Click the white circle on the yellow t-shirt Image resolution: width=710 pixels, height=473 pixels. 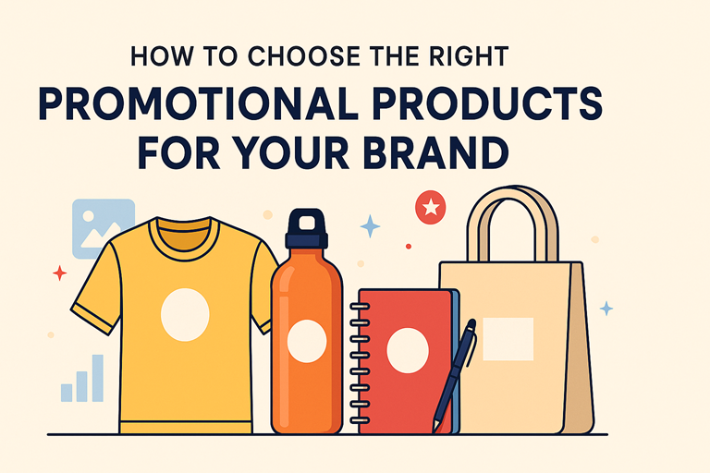(x=185, y=315)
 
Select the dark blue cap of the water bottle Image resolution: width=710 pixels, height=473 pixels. (x=307, y=228)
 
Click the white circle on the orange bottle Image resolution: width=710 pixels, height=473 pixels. (x=307, y=341)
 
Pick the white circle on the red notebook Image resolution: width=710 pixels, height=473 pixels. (x=408, y=351)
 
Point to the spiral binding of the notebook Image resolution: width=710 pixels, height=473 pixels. (x=361, y=362)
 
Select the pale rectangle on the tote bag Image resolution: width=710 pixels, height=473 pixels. (x=508, y=339)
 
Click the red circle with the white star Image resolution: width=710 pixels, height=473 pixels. (x=431, y=207)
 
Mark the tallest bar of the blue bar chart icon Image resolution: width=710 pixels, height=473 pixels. (x=98, y=378)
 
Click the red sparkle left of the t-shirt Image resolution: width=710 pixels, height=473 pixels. (x=59, y=273)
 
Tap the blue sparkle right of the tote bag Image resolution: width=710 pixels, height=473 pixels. (x=606, y=309)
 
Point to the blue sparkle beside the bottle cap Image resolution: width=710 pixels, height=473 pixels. (x=370, y=225)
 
